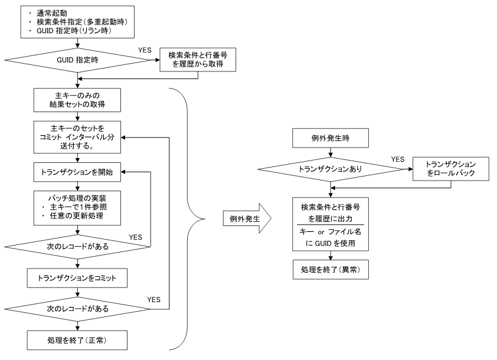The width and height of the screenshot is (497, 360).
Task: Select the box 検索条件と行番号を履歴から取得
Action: pyautogui.click(x=198, y=60)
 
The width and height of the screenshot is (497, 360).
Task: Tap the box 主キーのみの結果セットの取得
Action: pyautogui.click(x=77, y=101)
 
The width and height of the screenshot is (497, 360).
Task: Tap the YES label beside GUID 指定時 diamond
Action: pyautogui.click(x=145, y=50)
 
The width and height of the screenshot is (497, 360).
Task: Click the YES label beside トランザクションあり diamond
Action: pyautogui.click(x=398, y=159)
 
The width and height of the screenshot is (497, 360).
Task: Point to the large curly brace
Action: pyautogui.click(x=189, y=218)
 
